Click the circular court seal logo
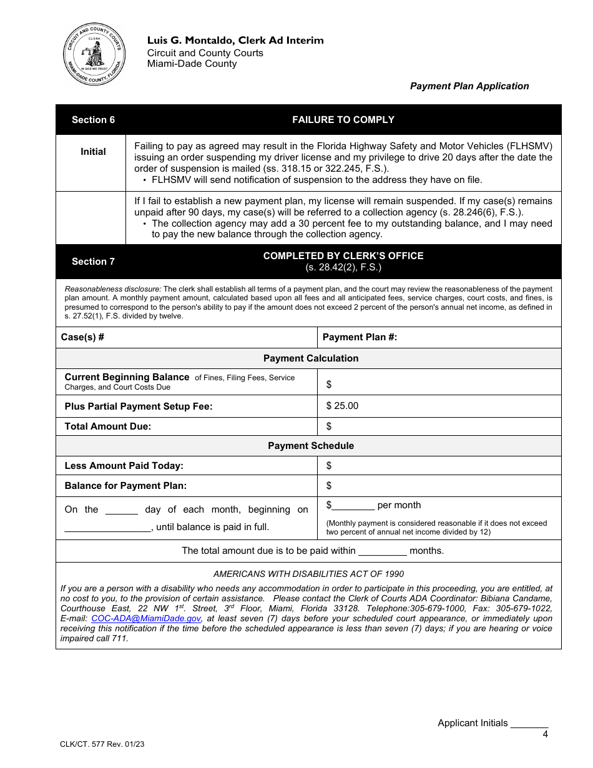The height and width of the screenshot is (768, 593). [94, 55]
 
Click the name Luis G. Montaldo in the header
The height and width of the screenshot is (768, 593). [190, 41]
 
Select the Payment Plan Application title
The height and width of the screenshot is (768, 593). [469, 86]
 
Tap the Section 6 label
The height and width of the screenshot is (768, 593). [93, 120]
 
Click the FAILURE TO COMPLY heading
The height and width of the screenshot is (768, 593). [343, 120]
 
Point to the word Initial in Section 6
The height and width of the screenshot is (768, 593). [93, 152]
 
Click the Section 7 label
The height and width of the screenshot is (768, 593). [93, 262]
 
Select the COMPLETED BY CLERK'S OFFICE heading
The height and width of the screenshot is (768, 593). [343, 256]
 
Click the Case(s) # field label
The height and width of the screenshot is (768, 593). [82, 337]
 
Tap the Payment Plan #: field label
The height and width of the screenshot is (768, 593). [360, 337]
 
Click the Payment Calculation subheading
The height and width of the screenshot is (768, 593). [311, 358]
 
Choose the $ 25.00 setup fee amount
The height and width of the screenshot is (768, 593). [342, 406]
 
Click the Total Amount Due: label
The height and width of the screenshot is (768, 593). [108, 426]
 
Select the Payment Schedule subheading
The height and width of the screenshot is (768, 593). [311, 446]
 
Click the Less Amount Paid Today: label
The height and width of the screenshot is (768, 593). [124, 466]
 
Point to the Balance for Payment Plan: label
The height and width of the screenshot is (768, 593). [125, 486]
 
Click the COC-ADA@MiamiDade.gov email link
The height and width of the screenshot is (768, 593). [146, 618]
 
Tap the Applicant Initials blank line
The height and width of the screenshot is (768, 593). [529, 724]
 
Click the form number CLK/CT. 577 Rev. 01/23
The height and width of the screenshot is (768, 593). [102, 744]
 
